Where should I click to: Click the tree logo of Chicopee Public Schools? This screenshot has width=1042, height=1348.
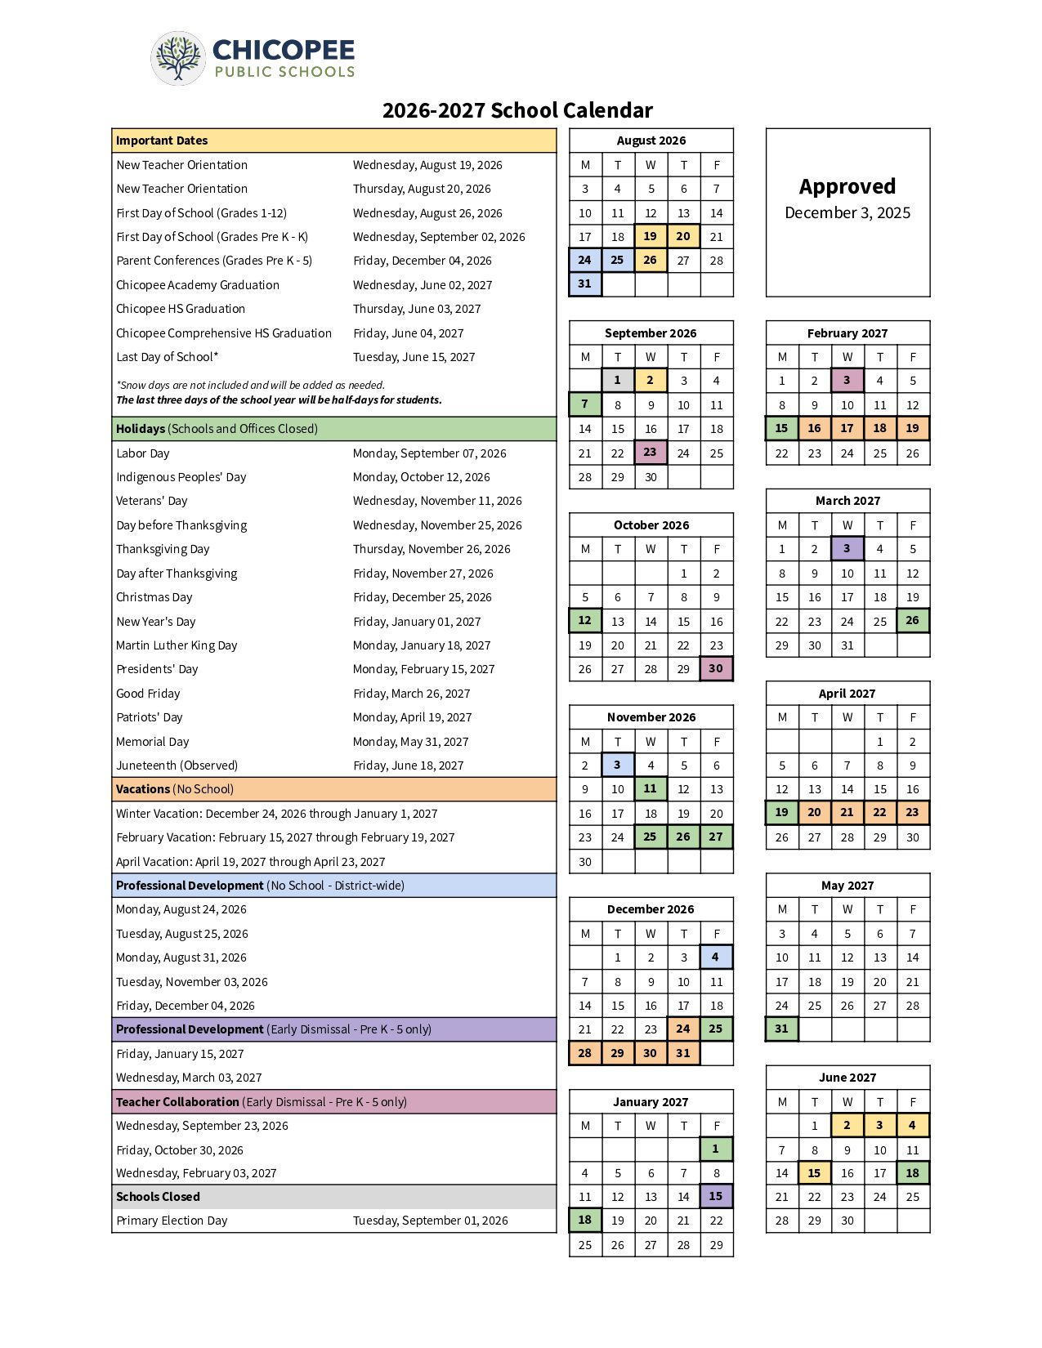click(178, 58)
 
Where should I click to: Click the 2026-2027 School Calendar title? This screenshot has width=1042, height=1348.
click(517, 110)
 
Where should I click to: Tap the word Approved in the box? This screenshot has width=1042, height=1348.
click(847, 187)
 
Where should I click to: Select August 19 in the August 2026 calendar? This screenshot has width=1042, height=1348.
click(651, 236)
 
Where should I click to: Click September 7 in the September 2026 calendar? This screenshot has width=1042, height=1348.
click(584, 404)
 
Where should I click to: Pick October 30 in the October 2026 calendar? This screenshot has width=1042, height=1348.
click(716, 668)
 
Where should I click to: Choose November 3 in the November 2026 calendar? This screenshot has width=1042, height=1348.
click(617, 765)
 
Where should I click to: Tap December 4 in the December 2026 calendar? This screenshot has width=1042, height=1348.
click(716, 957)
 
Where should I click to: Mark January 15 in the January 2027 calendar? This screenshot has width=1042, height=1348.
click(716, 1196)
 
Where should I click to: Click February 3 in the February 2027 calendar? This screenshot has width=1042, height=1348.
click(847, 380)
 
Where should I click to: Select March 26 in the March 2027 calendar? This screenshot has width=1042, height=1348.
click(913, 620)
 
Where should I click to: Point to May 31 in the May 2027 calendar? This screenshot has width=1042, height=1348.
click(781, 1029)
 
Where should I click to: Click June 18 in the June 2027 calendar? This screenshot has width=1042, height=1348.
click(913, 1173)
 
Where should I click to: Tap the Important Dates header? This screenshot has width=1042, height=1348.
click(162, 141)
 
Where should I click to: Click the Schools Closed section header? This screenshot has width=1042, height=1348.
click(158, 1197)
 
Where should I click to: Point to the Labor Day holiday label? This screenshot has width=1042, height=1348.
click(143, 453)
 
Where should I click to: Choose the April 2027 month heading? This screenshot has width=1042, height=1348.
click(847, 694)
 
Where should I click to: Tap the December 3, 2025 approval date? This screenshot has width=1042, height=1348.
click(847, 213)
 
